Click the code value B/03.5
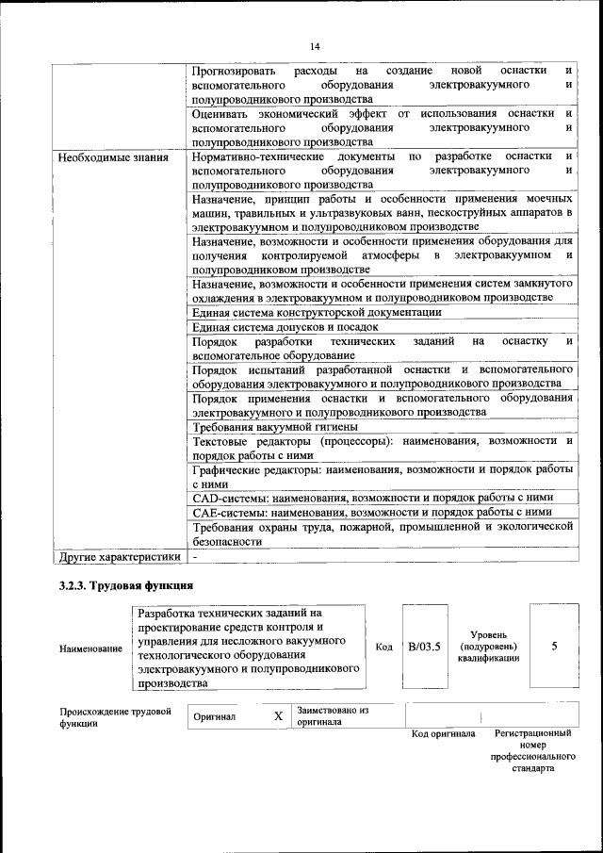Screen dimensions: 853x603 [x=424, y=646]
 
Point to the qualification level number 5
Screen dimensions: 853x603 [x=554, y=646]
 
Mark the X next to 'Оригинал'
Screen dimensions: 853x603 [x=278, y=716]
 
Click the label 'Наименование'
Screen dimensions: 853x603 [x=90, y=648]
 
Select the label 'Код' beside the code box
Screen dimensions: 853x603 [x=383, y=647]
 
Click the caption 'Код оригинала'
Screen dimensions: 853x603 [x=443, y=733]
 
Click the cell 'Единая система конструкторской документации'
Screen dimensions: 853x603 [x=316, y=312]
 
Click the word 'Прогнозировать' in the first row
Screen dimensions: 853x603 [x=234, y=71]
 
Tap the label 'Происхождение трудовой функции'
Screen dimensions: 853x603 [x=115, y=716]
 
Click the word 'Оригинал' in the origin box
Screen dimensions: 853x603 [x=214, y=717]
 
